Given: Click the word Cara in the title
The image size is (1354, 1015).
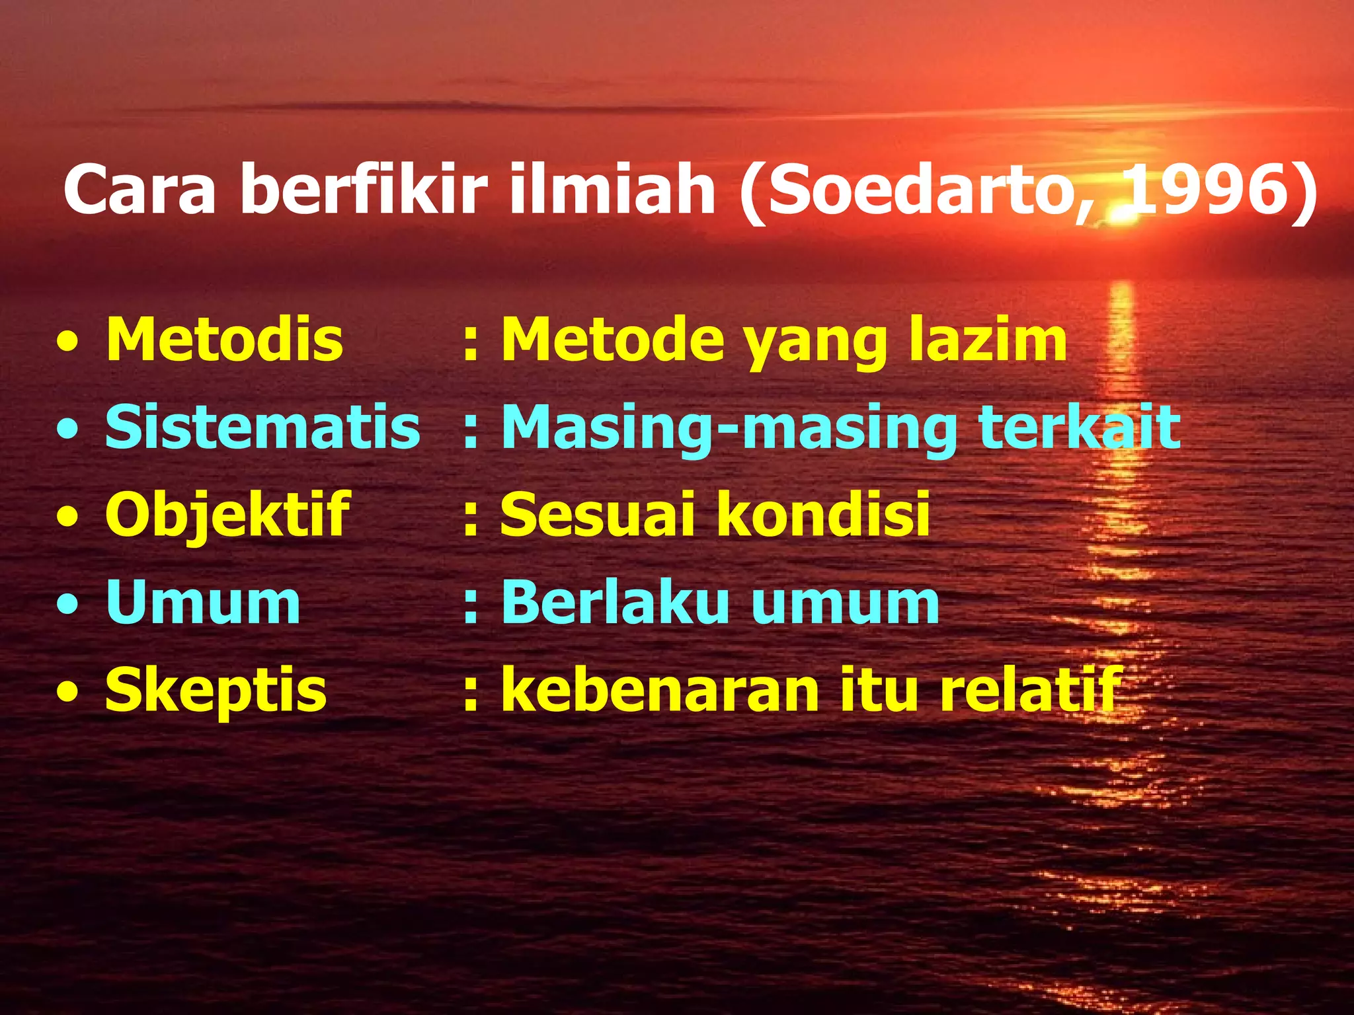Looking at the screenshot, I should [139, 190].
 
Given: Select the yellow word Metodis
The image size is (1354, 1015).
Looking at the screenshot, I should [224, 340].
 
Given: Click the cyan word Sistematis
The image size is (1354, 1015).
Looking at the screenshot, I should [262, 428].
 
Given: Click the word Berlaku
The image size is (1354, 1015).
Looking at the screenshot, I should [615, 602].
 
